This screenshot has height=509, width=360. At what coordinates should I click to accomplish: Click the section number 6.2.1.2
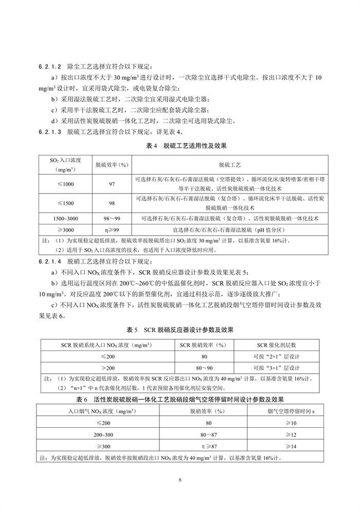pos(50,67)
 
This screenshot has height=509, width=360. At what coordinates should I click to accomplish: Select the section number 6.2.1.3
pos(50,131)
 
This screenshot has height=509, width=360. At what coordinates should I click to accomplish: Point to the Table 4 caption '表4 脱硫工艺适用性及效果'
pos(179,147)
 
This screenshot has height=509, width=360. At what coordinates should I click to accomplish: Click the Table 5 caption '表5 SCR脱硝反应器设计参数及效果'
pos(179,329)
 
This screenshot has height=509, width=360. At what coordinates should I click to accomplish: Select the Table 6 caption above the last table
pos(179,399)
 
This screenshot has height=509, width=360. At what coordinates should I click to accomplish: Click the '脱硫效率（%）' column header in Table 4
pos(112,165)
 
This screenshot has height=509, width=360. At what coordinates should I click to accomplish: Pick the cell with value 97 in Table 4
pos(112,184)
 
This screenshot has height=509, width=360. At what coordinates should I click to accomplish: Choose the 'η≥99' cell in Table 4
pos(112,229)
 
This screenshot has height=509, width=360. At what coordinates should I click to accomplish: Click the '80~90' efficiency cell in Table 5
pos(204,367)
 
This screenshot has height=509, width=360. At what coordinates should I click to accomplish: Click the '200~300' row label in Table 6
pos(90,434)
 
